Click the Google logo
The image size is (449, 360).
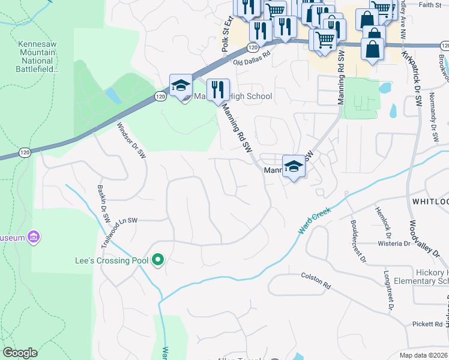pyautogui.click(x=20, y=353)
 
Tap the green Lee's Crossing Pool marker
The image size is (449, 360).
pyautogui.click(x=158, y=260)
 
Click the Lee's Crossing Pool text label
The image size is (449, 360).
pyautogui.click(x=112, y=260)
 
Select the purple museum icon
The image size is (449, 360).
pyautogui.click(x=34, y=238)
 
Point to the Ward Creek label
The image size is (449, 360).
pyautogui.click(x=315, y=222)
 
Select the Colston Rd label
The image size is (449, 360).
pyautogui.click(x=316, y=280)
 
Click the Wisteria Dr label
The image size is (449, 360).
pyautogui.click(x=393, y=244)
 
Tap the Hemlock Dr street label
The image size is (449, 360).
pyautogui.click(x=382, y=219)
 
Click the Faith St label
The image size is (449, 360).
pyautogui.click(x=430, y=5)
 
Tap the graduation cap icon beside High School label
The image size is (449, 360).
pyautogui.click(x=180, y=88)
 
